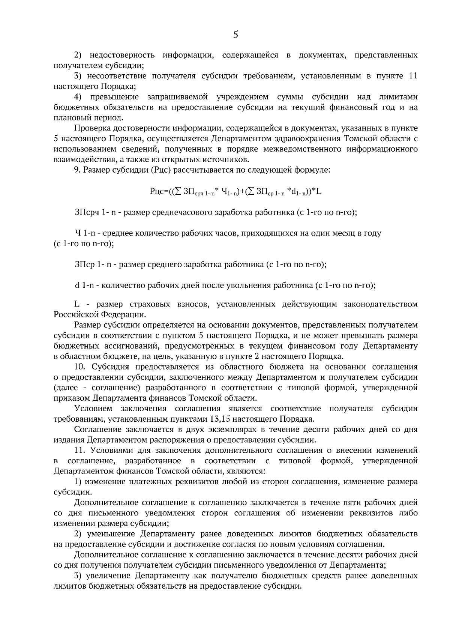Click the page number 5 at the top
coord(235,35)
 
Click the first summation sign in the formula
coord(178,192)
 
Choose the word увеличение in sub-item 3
coord(109,575)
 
